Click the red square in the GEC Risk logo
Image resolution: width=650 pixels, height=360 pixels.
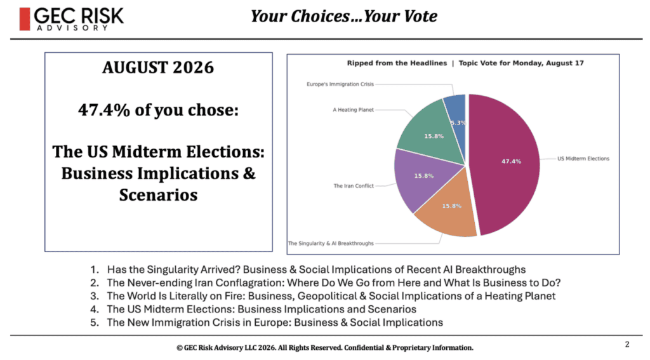click(x=25, y=19)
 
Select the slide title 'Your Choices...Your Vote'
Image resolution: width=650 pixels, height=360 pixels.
click(x=343, y=17)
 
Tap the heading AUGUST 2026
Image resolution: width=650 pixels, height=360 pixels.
click(x=158, y=67)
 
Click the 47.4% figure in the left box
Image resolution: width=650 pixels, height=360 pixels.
click(x=103, y=110)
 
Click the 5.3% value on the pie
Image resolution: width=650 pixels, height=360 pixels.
click(x=458, y=123)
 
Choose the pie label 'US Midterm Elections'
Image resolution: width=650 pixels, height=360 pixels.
click(x=583, y=159)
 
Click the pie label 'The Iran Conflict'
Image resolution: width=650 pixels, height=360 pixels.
click(x=354, y=186)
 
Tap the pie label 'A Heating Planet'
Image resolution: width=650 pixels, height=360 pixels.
click(x=353, y=110)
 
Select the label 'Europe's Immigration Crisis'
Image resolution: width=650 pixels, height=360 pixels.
click(x=340, y=84)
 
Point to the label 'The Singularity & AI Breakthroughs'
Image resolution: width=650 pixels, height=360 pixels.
click(x=331, y=243)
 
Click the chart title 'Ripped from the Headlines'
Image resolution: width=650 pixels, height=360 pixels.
click(x=397, y=63)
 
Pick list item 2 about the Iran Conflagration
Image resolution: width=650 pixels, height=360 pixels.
click(x=326, y=283)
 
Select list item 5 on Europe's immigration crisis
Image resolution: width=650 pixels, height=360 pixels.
click(x=267, y=323)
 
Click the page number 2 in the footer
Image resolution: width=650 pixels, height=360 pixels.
click(x=627, y=344)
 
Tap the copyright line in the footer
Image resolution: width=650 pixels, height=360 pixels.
click(x=325, y=347)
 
